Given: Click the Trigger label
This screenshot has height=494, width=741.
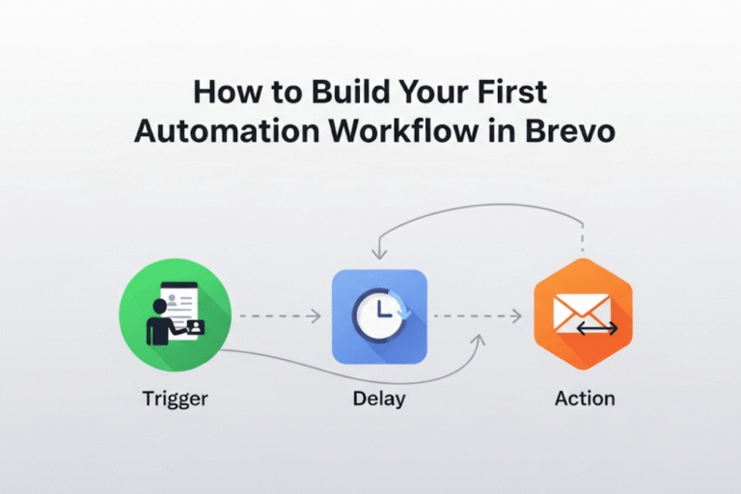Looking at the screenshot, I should pos(175,398).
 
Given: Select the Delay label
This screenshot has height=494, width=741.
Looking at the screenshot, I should pos(378,398).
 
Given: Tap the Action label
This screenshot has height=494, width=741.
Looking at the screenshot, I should pos(585,398).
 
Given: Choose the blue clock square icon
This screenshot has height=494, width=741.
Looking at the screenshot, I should pos(378,316).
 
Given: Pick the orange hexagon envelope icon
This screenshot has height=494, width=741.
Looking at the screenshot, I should pos(583,314).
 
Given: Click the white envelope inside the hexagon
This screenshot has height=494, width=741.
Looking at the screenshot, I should pos(581,311).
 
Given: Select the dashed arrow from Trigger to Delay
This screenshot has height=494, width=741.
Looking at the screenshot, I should pos(280,316).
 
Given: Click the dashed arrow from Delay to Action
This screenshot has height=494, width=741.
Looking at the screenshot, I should pos(478,316).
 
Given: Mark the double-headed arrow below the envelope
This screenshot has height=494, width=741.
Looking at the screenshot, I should pos(596,330).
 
